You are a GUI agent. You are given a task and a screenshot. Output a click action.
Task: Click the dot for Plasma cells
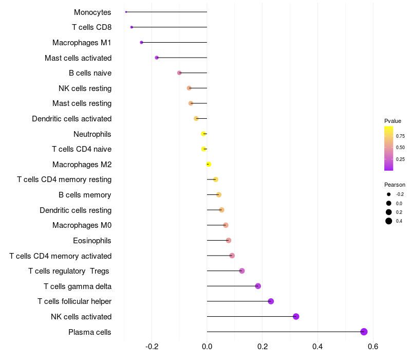pyautogui.click(x=364, y=332)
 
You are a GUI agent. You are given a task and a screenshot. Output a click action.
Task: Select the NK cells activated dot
pyautogui.click(x=296, y=316)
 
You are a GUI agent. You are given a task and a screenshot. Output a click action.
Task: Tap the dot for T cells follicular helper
pyautogui.click(x=271, y=301)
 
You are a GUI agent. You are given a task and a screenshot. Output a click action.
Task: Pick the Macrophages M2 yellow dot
pyautogui.click(x=209, y=164)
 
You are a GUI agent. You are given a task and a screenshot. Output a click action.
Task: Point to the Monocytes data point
pyautogui.click(x=126, y=12)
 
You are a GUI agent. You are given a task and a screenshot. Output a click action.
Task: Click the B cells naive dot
pyautogui.click(x=179, y=73)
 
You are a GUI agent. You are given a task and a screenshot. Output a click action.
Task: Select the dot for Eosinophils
pyautogui.click(x=229, y=240)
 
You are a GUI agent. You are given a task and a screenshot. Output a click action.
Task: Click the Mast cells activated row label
pyautogui.click(x=78, y=58)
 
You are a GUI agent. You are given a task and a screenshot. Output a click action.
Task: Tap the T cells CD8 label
pyautogui.click(x=92, y=27)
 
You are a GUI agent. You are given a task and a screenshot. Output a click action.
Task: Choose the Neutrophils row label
pyautogui.click(x=92, y=134)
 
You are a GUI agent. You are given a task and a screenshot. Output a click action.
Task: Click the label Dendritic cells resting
pyautogui.click(x=76, y=210)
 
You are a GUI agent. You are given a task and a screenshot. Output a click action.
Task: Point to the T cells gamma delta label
pyautogui.click(x=78, y=286)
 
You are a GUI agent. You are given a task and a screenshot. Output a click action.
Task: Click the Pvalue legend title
pyautogui.click(x=393, y=121)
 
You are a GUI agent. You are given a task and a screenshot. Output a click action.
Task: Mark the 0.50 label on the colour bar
pyautogui.click(x=400, y=148)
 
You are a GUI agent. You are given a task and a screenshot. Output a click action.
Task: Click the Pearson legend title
pyautogui.click(x=395, y=185)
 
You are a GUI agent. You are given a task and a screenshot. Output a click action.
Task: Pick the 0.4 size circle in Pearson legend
pyautogui.click(x=389, y=221)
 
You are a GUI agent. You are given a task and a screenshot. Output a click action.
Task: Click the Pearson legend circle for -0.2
pyautogui.click(x=389, y=194)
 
